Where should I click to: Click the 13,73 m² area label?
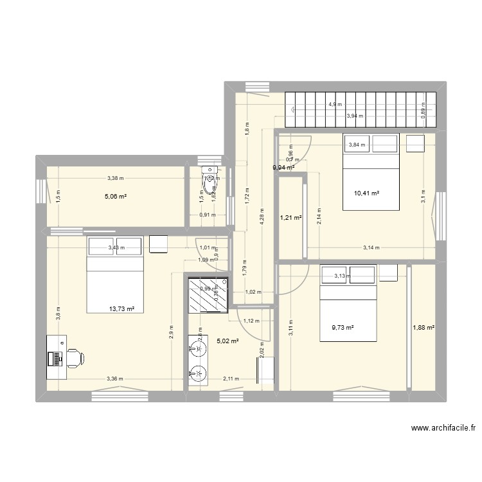(121, 308)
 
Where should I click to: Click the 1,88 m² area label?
(424, 327)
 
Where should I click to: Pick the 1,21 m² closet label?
(290, 217)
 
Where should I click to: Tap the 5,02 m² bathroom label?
(228, 341)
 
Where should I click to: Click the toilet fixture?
(210, 179)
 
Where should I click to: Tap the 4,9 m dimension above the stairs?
(335, 104)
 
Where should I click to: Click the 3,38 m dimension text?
(116, 178)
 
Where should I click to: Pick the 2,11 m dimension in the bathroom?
(229, 379)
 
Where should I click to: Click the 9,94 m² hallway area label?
(283, 167)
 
